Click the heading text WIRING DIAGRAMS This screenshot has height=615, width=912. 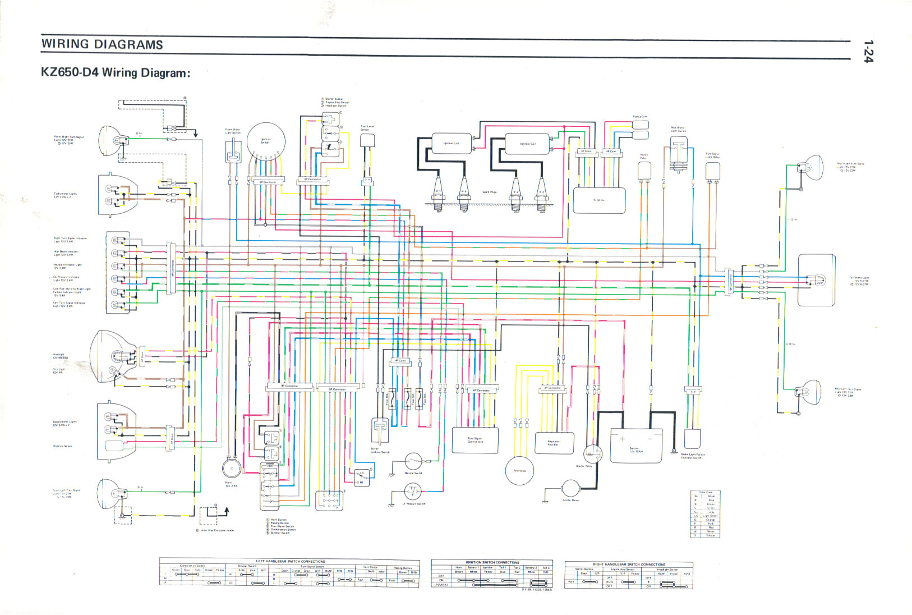coord(102,44)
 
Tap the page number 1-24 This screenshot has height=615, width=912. coord(868,52)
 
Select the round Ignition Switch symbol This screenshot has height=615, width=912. coord(266,141)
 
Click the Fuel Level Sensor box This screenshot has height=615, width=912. coord(367,140)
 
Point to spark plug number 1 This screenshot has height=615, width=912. coord(438,192)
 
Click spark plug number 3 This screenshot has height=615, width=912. coord(541,192)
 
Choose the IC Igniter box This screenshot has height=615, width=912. coord(599,200)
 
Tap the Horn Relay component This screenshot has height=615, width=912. coord(644,171)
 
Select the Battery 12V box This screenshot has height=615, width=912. coord(635,446)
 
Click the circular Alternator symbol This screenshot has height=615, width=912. coord(519,470)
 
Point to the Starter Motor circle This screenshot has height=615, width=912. coord(570,489)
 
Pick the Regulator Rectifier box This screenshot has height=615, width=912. coord(554,443)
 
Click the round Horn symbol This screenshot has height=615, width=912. coord(231,468)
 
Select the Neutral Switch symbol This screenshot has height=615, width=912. coord(413,462)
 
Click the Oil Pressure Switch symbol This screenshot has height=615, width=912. coord(413,493)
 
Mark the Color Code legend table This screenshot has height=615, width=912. coord(705,514)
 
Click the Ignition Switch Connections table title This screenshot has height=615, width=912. coord(492,562)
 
